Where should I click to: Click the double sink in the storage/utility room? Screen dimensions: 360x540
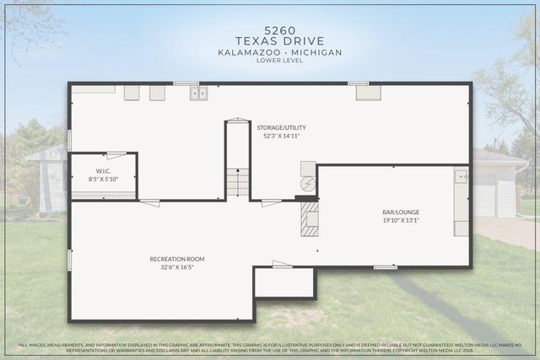click(x=198, y=93)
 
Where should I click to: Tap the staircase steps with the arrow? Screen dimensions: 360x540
click(x=237, y=182)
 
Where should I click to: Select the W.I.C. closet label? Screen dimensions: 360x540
click(x=102, y=171)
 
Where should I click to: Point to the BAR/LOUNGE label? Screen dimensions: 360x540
click(x=401, y=212)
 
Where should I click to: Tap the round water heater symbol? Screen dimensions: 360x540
click(x=308, y=184)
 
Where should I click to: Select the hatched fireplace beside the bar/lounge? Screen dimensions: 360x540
click(x=310, y=218)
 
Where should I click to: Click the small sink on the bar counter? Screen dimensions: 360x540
click(x=461, y=177)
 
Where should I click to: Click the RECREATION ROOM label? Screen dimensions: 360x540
click(x=177, y=259)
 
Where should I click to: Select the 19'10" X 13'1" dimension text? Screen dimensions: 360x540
click(x=401, y=222)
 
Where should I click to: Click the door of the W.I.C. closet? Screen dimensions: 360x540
click(x=116, y=153)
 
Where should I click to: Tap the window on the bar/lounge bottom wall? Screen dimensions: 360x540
click(x=385, y=267)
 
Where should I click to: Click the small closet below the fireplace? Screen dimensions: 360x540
click(x=284, y=282)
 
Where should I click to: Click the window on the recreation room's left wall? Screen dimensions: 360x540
click(x=69, y=260)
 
